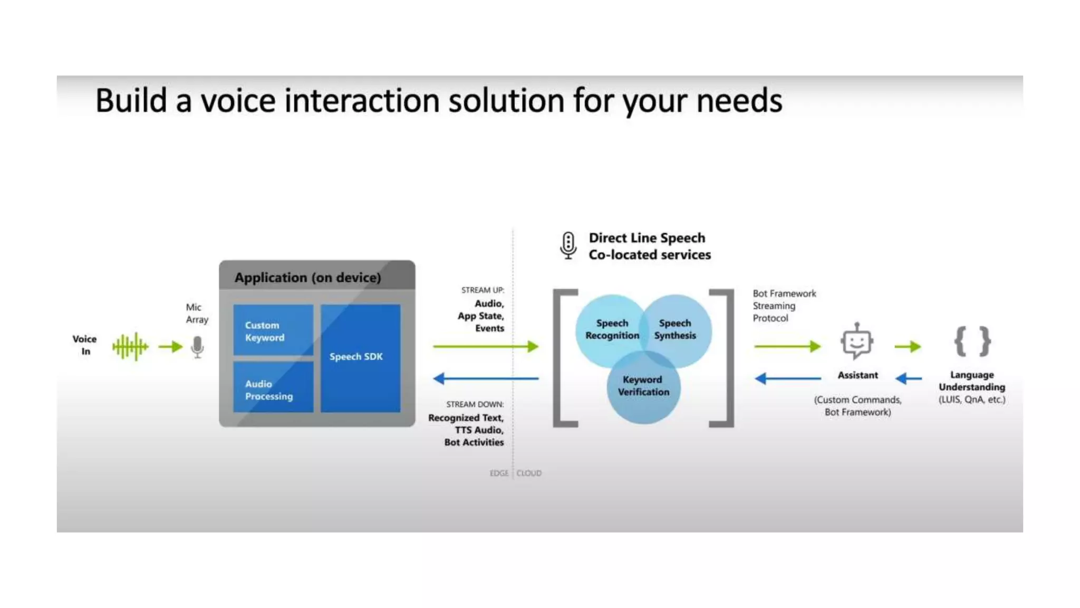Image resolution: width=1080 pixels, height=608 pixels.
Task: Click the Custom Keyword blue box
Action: pyautogui.click(x=273, y=331)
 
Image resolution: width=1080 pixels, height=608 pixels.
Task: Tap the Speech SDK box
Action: pyautogui.click(x=360, y=357)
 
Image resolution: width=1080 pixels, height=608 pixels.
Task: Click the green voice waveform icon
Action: pyautogui.click(x=130, y=347)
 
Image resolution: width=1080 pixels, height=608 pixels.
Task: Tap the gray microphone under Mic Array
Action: pyautogui.click(x=197, y=347)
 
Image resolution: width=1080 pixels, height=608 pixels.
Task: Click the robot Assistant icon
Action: pyautogui.click(x=857, y=341)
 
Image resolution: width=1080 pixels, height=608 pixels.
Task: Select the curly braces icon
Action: pyautogui.click(x=972, y=341)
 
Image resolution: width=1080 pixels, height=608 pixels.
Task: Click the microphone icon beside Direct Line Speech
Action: pyautogui.click(x=568, y=245)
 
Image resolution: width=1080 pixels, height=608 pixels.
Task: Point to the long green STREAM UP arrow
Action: pyautogui.click(x=485, y=346)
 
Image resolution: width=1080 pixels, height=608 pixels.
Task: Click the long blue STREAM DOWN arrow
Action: pyautogui.click(x=485, y=378)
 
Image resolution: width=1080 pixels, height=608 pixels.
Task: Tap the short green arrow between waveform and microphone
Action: pyautogui.click(x=170, y=347)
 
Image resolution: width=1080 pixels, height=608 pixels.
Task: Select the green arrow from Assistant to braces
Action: pyautogui.click(x=908, y=347)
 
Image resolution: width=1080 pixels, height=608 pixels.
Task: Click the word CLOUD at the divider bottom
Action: pyautogui.click(x=529, y=473)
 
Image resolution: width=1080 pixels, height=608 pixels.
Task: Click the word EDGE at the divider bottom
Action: pyautogui.click(x=499, y=473)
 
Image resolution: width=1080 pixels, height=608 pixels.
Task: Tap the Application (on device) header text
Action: pyautogui.click(x=307, y=278)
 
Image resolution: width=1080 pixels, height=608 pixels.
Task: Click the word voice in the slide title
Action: pyautogui.click(x=238, y=101)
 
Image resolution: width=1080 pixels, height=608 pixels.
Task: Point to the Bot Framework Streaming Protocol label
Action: pyautogui.click(x=784, y=306)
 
